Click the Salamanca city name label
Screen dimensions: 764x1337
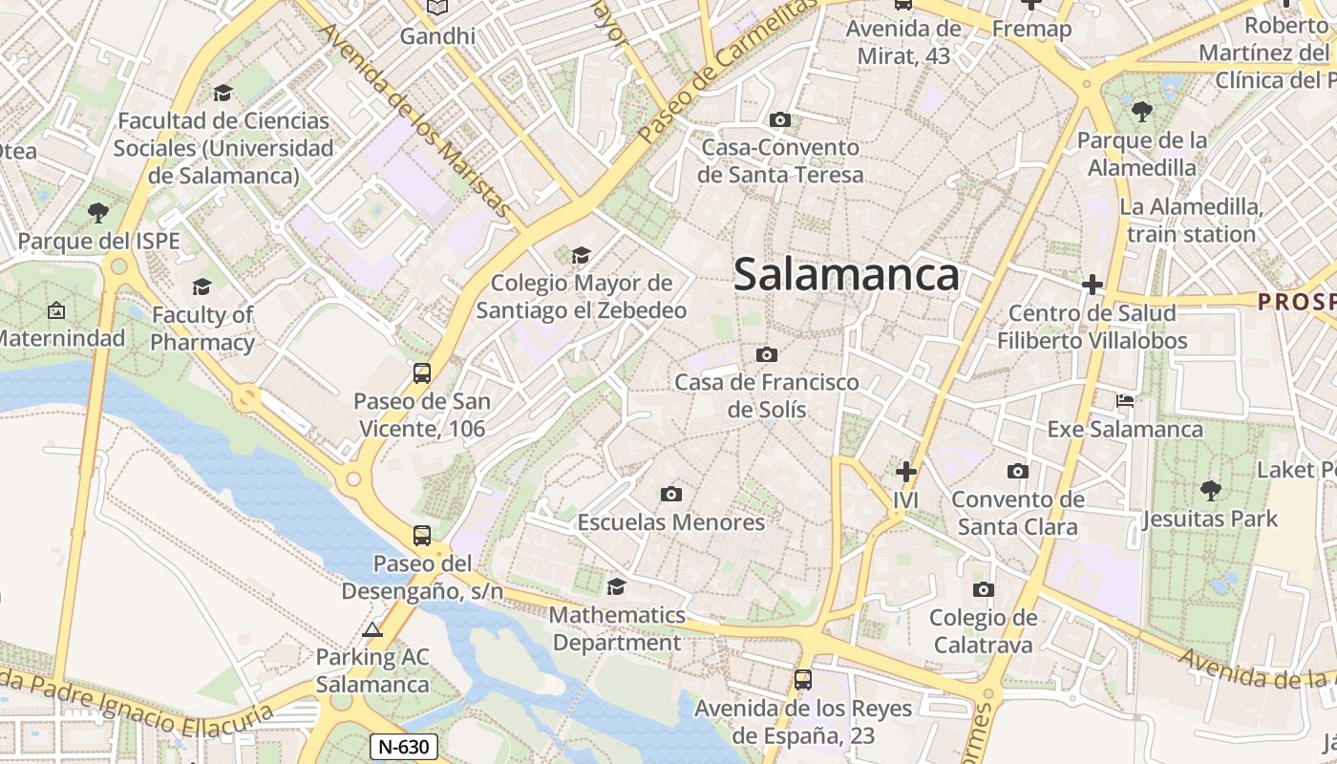pos(846,275)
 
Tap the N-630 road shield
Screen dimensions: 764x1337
pos(404,747)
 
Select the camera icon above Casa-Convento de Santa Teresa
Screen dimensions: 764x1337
pos(780,120)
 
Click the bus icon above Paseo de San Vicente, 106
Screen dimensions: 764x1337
pos(422,373)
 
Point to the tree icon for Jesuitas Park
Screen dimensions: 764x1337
pos(1211,491)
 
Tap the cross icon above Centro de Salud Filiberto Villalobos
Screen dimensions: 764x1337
pos(1093,285)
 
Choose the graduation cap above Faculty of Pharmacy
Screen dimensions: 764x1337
pos(202,286)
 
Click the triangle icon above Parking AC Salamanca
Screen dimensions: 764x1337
pos(372,629)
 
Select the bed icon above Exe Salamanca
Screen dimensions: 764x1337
pos(1125,401)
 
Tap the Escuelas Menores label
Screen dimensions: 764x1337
pos(671,522)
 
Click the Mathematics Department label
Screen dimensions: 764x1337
pos(617,628)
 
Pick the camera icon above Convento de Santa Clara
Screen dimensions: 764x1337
pos(1018,471)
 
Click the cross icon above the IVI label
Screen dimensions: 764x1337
pos(905,472)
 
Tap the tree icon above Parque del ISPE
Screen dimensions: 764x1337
pos(97,212)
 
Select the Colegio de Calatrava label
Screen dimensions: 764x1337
pos(983,631)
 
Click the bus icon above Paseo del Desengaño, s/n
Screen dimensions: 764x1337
pos(422,536)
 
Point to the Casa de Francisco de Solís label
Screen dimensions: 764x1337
pos(767,396)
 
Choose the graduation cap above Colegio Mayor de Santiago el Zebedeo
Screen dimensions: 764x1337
pos(581,255)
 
